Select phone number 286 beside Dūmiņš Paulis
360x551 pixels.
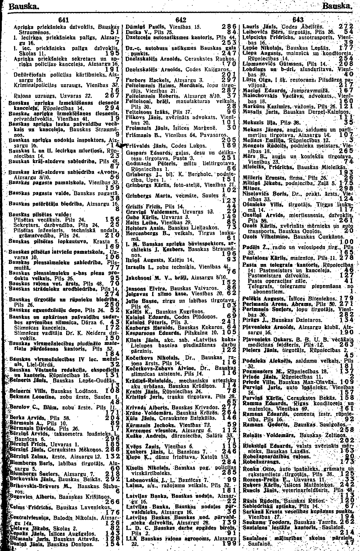pyautogui.click(x=230, y=27)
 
